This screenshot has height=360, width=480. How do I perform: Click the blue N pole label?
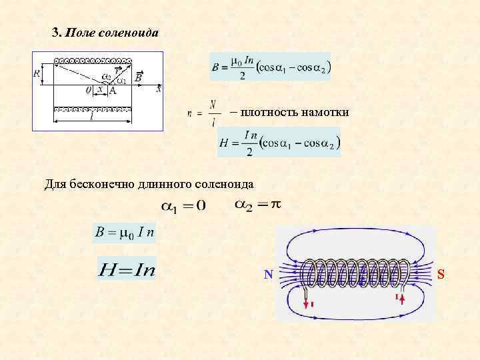coord(268,274)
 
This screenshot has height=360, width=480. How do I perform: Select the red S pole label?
coord(441,273)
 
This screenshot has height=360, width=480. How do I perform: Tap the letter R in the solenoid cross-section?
coord(37,73)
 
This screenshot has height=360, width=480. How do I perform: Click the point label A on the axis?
coord(113,91)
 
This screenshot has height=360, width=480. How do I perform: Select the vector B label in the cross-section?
coord(138,77)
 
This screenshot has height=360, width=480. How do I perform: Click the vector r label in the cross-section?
coord(117,69)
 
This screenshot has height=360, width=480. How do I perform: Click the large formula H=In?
coord(127,269)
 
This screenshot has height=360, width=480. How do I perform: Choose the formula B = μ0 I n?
coord(125,233)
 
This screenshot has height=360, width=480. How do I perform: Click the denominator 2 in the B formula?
coord(242,76)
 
